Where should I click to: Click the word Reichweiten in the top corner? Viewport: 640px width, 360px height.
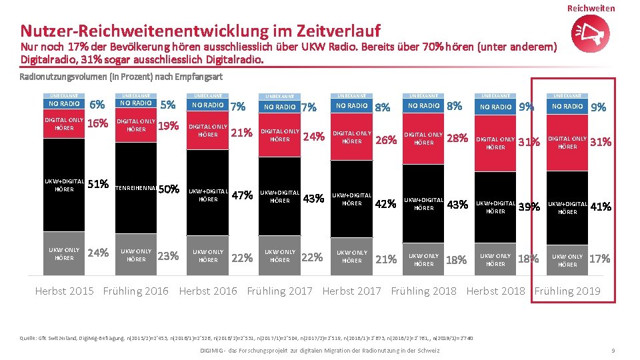tap(591, 8)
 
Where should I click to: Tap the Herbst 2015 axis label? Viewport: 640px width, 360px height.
tap(64, 291)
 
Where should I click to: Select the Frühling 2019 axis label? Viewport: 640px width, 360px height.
tap(567, 291)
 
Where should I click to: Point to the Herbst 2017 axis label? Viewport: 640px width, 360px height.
tap(351, 291)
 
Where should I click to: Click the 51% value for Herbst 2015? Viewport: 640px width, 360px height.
tap(98, 184)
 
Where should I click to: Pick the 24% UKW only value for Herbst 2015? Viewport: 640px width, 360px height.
tap(98, 253)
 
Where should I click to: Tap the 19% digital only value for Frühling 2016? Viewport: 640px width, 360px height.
tap(169, 125)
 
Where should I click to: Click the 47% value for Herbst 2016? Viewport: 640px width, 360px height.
tap(241, 195)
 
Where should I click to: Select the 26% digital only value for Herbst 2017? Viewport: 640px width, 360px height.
tap(386, 140)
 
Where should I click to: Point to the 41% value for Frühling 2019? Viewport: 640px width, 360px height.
tap(601, 207)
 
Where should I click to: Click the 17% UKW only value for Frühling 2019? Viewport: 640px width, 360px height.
tap(599, 259)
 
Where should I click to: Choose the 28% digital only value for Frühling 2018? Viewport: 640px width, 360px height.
tap(457, 138)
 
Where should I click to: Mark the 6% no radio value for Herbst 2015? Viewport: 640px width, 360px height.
tap(97, 105)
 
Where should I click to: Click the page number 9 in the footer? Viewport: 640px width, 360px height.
tap(612, 351)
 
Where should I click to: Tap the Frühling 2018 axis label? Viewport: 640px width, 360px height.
tap(423, 291)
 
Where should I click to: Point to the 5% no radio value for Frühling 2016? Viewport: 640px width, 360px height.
tap(169, 105)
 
